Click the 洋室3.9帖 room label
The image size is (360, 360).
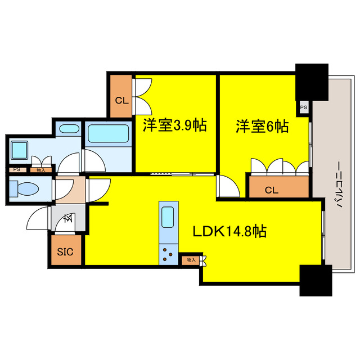tap(174, 126)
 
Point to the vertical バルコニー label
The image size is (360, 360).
tap(339, 185)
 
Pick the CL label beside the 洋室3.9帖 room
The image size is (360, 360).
tap(121, 101)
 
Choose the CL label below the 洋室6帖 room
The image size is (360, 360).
tap(271, 190)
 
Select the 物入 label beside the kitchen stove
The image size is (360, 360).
tap(191, 260)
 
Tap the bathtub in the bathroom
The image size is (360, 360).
tap(109, 135)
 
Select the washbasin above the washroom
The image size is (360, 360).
tap(69, 128)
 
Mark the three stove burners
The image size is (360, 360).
tap(168, 254)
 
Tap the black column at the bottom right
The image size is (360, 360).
tap(315, 280)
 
